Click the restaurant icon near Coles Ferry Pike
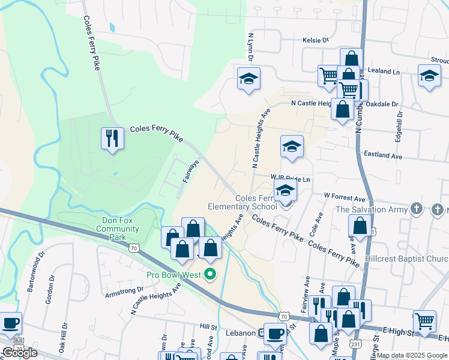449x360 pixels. pyautogui.click(x=112, y=139)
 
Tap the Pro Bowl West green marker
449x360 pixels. pyautogui.click(x=210, y=275)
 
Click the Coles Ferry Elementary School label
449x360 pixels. pyautogui.click(x=242, y=202)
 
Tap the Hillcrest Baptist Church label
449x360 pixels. pyautogui.click(x=417, y=259)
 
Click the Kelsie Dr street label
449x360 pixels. pyautogui.click(x=318, y=40)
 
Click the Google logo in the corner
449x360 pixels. pyautogui.click(x=20, y=353)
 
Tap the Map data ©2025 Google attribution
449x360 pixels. pyautogui.click(x=412, y=355)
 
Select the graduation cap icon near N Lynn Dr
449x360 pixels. pyautogui.click(x=249, y=79)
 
